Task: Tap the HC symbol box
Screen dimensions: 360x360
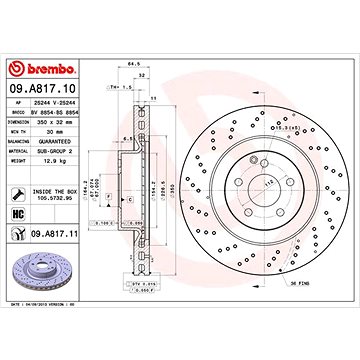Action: click(20, 214)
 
